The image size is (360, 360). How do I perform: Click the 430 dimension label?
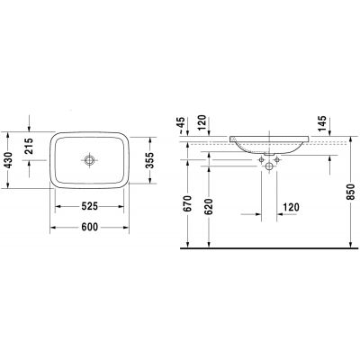pos(9,161)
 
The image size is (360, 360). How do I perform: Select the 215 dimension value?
pos(31,146)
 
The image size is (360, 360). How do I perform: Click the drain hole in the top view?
pos(89,161)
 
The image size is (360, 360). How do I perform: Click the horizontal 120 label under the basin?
pos(290,207)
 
